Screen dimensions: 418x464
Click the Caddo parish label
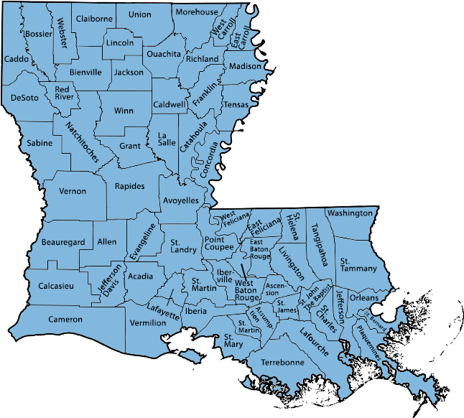point(15,58)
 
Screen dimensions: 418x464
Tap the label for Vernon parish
point(72,191)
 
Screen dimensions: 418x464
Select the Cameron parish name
point(65,319)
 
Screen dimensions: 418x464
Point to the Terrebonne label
point(282,362)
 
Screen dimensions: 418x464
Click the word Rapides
point(129,186)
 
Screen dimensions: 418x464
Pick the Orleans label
point(363,297)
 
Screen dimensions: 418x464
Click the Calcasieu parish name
point(55,286)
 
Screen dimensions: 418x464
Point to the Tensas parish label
point(236,105)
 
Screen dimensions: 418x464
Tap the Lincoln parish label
point(119,42)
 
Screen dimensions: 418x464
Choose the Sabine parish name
point(40,143)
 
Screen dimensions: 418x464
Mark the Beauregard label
point(63,242)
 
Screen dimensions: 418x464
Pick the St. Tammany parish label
point(358,264)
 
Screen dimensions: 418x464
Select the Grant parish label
point(129,146)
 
